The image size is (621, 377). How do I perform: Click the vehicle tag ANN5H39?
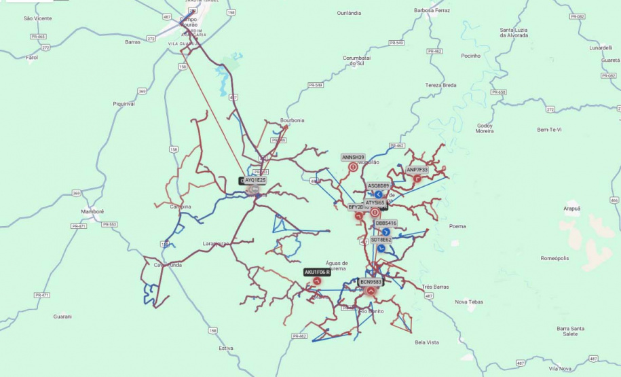(353, 157)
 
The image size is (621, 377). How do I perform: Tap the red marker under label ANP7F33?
(417, 179)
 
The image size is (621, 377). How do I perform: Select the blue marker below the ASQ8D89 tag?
(379, 194)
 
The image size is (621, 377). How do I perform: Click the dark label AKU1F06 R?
(317, 272)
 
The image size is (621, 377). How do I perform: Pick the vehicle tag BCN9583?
(371, 281)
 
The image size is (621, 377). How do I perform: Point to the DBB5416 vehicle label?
(386, 223)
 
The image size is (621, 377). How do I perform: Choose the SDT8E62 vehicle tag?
(381, 240)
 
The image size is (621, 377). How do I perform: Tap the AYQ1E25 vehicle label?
(255, 180)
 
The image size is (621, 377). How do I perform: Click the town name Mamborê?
(92, 211)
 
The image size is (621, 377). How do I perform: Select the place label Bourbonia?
(293, 120)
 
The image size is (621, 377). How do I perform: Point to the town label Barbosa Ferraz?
(432, 11)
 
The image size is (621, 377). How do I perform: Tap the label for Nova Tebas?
(469, 302)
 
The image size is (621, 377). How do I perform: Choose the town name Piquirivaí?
(124, 104)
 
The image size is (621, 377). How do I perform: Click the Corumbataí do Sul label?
(357, 60)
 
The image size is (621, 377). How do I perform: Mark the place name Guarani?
(62, 316)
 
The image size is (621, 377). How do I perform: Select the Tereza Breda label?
(440, 85)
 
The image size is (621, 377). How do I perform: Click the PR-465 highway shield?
(38, 36)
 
